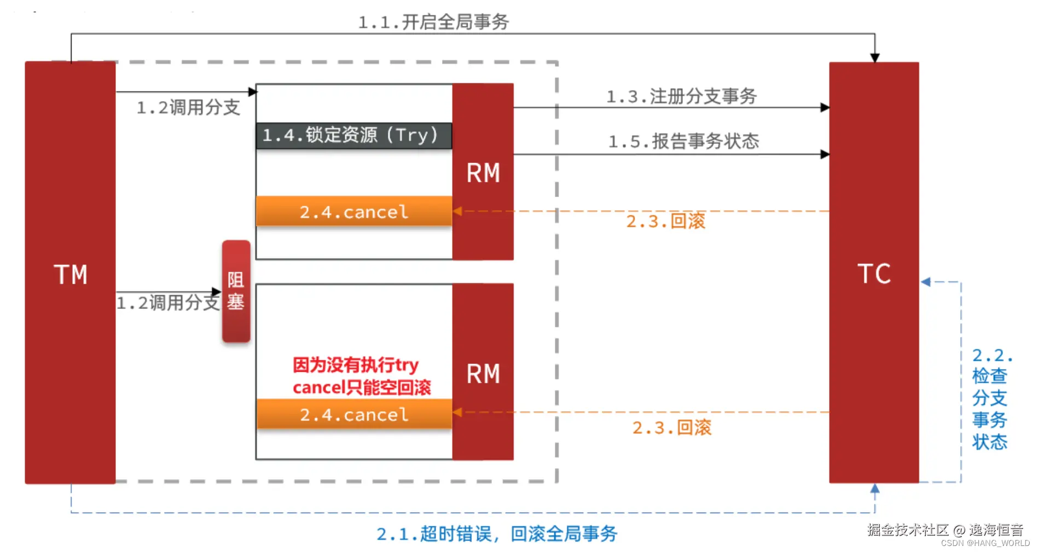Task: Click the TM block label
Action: [71, 274]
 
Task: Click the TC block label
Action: [874, 274]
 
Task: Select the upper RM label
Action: [483, 173]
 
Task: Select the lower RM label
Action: [483, 374]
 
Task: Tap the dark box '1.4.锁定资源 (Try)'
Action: [354, 135]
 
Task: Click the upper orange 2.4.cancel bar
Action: [354, 211]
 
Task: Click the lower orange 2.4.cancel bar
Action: [354, 414]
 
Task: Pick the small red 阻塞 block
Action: [236, 291]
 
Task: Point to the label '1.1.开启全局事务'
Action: [433, 22]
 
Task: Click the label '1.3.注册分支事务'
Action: [681, 96]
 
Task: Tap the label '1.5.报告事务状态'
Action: [683, 141]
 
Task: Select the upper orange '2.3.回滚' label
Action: [665, 221]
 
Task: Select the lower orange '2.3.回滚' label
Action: [671, 427]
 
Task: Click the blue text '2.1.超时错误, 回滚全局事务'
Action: [496, 533]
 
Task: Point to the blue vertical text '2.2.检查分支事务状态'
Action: [990, 399]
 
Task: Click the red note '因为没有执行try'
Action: [355, 365]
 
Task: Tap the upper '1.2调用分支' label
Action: [188, 107]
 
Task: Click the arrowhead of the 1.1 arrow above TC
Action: [874, 58]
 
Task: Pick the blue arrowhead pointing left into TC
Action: [926, 282]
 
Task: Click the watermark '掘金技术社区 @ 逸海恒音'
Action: [945, 530]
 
